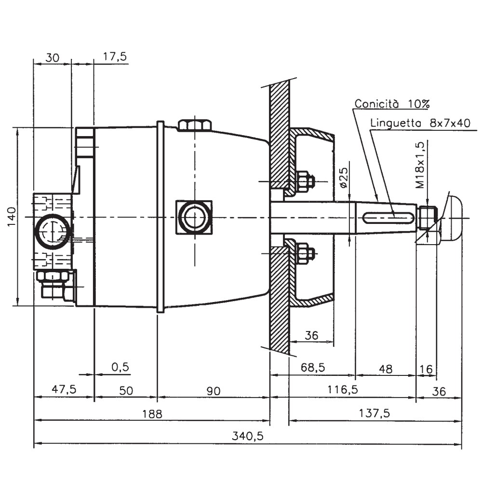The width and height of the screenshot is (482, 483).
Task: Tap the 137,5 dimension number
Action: point(375,413)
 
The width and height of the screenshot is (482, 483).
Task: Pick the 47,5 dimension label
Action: point(63,390)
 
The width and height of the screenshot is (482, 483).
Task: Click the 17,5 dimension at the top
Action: point(115,57)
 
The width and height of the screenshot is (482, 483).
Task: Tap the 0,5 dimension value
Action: point(120,367)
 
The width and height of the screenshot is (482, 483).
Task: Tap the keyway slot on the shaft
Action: point(388,217)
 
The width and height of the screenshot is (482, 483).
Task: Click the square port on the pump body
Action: point(194,217)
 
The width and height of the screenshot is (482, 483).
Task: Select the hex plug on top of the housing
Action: point(195,125)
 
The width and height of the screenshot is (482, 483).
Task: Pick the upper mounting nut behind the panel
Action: point(304,181)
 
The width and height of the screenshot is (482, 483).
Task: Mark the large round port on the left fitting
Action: point(52,232)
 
